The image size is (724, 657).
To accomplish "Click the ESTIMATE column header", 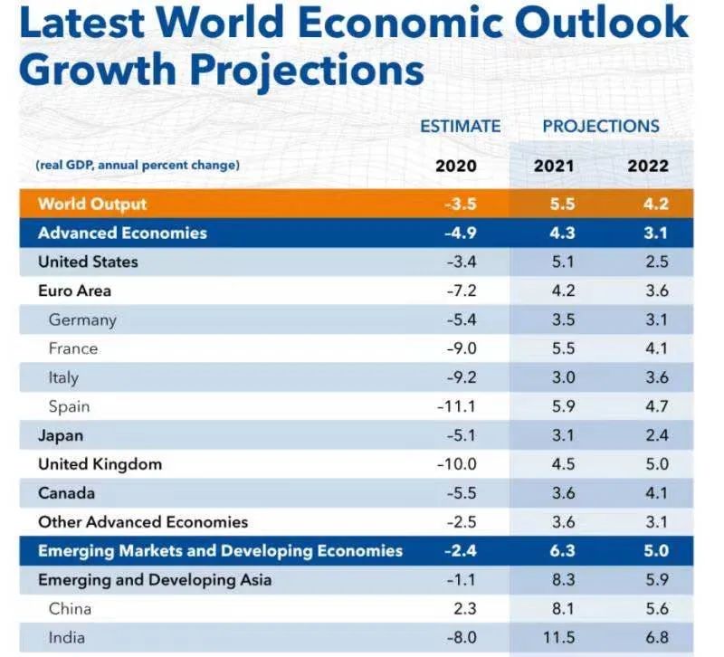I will click(x=460, y=126).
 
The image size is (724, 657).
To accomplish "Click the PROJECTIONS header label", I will click(x=601, y=126).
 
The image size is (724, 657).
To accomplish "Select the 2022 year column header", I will click(x=648, y=166).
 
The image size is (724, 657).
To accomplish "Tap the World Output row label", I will click(x=92, y=204).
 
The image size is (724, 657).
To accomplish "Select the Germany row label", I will click(x=82, y=319).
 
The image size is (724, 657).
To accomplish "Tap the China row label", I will click(x=70, y=609).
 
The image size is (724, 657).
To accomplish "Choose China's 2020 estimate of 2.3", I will click(x=464, y=609).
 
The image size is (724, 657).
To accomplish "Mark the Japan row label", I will click(x=61, y=435).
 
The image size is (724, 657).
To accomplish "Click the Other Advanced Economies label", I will click(x=143, y=522).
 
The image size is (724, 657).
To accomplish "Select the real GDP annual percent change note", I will click(x=138, y=166).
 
